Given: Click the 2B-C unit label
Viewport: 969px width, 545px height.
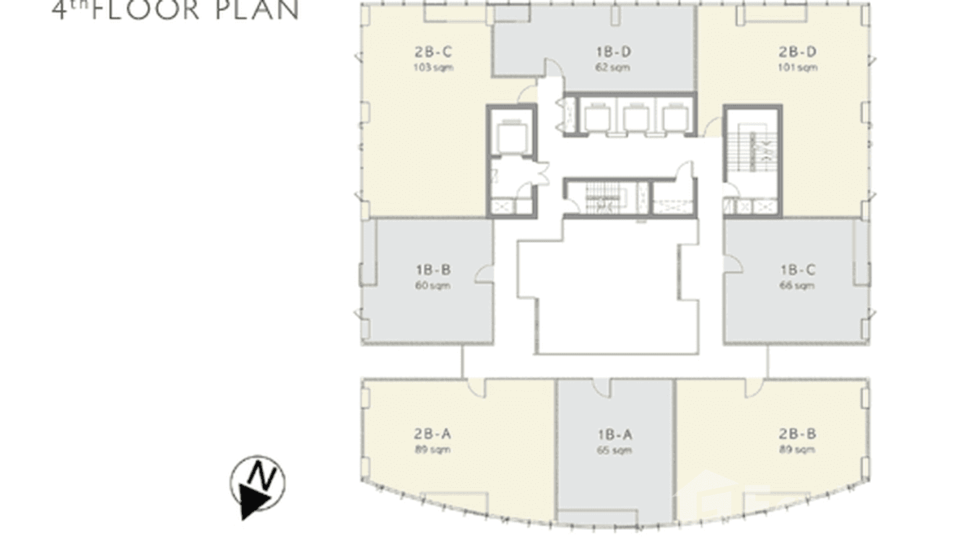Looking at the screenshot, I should (433, 52).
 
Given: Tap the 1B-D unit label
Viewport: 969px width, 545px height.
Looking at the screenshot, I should (614, 52).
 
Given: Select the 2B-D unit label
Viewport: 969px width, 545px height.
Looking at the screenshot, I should (797, 52).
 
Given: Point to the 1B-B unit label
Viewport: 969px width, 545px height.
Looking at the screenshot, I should (433, 270).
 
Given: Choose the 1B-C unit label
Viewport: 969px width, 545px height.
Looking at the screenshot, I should (797, 270).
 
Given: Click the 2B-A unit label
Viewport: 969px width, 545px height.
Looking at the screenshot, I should (433, 434).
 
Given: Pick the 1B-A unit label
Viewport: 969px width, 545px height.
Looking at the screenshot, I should (614, 434).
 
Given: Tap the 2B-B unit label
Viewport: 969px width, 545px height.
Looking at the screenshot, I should (797, 434).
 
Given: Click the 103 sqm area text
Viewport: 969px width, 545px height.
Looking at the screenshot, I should (433, 68).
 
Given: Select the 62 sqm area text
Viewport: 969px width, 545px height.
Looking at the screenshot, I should (614, 68).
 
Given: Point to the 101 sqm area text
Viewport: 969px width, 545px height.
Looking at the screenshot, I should (797, 68).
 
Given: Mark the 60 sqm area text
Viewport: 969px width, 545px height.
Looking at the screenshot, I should (433, 286).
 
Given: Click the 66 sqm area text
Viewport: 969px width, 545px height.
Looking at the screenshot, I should (797, 286).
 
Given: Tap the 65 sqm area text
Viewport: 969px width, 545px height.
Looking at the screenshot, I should (614, 450).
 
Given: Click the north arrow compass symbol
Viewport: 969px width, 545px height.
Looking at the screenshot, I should (258, 484).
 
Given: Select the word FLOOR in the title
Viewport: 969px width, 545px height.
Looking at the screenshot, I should (144, 10).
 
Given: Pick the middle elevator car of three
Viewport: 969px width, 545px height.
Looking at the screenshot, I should (636, 117).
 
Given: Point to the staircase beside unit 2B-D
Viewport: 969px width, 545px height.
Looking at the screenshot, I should (752, 153).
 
